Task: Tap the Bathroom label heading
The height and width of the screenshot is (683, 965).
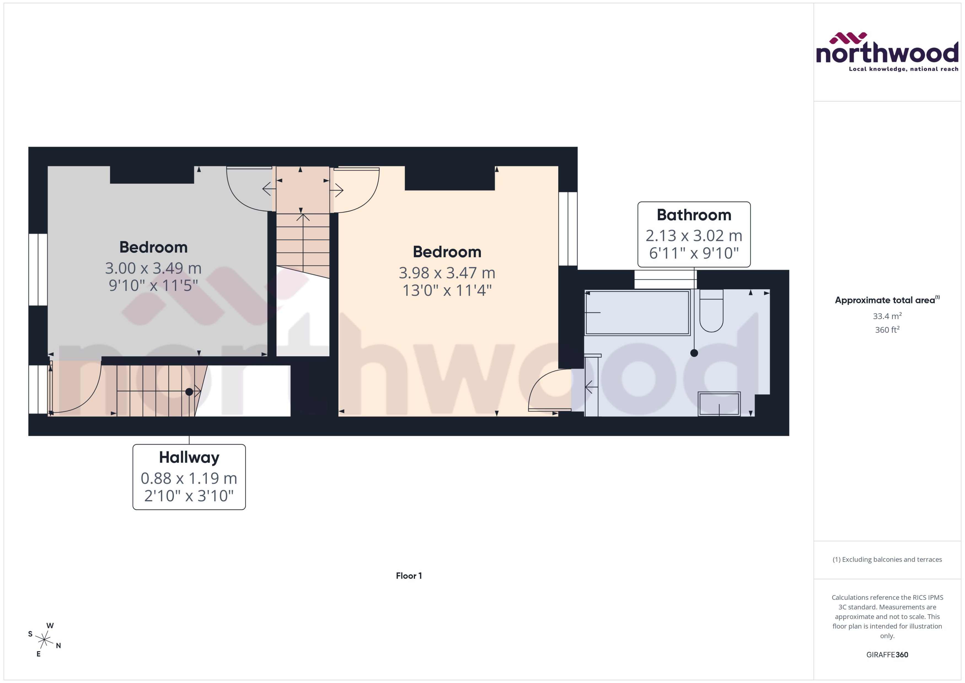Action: coord(694,215)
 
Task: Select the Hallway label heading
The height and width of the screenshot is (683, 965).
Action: coord(189,457)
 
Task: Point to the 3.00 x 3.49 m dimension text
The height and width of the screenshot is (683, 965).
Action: coord(153,268)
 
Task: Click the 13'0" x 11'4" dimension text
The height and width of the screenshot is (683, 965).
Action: coord(447,290)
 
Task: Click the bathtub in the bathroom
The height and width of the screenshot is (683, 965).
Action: coord(637,312)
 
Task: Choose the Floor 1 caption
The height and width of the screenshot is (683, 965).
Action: coord(409,576)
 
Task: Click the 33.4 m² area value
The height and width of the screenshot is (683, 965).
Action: coord(887,316)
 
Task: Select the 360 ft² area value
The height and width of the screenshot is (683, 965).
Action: coord(887,330)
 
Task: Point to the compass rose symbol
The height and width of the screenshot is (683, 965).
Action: coord(44,640)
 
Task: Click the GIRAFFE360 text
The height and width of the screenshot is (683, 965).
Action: coord(887,654)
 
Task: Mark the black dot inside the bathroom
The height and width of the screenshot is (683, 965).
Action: coord(694,353)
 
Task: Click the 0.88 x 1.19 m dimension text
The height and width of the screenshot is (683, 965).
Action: coord(189,478)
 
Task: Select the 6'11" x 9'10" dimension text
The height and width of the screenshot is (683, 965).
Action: coord(694,253)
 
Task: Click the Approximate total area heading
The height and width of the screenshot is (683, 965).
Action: coord(885,300)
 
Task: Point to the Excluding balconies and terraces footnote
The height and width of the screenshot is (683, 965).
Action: coord(887,559)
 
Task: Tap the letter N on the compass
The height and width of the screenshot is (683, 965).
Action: coord(58,645)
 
